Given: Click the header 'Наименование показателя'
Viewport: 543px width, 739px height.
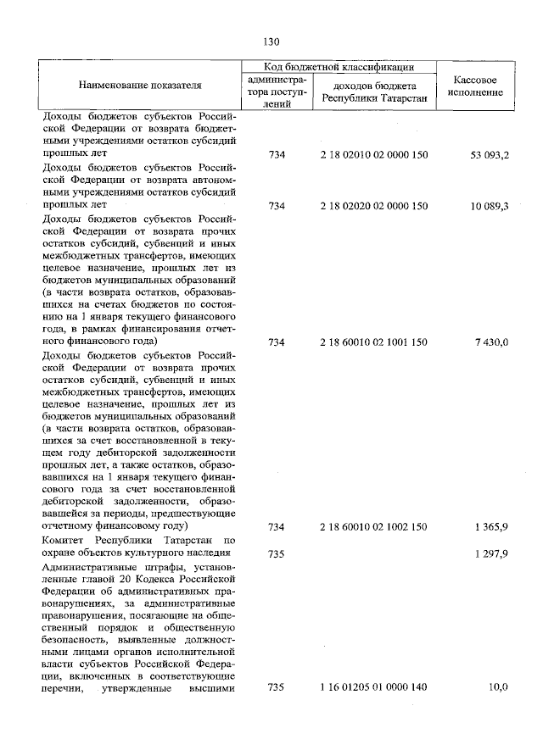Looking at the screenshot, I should tap(141, 86).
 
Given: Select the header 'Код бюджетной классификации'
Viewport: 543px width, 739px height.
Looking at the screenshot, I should tap(338, 66).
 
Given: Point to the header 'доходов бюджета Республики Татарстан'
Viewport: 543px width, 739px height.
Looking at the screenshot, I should tap(373, 92).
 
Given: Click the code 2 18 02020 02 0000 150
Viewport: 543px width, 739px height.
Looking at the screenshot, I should tap(374, 205).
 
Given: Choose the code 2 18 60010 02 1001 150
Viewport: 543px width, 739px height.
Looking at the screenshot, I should tap(374, 342).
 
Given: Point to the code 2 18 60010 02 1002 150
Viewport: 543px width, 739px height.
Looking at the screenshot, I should tap(374, 527).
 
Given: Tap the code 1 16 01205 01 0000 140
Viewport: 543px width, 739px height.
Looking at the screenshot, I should tap(374, 687).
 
